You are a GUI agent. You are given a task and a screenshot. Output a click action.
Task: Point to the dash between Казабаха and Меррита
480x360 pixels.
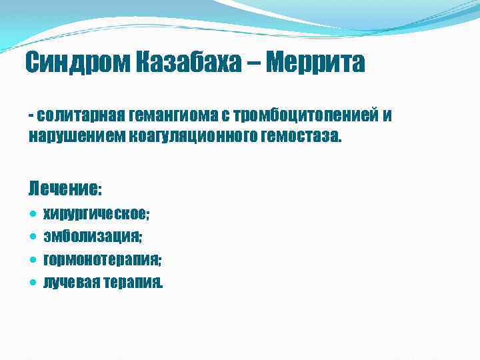click(253, 65)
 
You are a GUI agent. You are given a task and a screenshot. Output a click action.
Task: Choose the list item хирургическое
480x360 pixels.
click(96, 215)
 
